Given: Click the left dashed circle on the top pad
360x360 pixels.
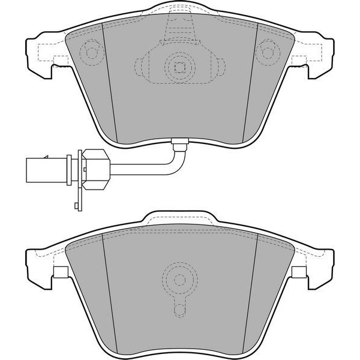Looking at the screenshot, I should click(92, 52).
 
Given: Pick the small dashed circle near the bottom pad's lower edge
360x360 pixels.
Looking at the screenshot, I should click(179, 310).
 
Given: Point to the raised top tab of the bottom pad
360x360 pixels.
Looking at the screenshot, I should click(179, 218).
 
